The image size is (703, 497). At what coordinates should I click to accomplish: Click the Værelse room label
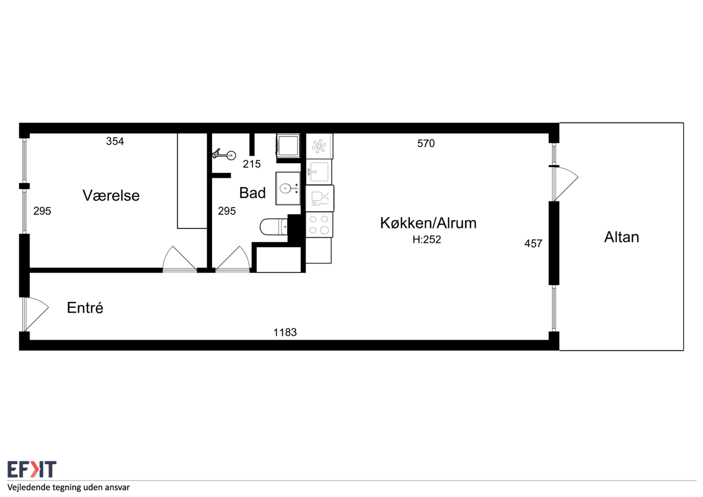(111, 196)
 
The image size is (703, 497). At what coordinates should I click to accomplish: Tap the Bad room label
(252, 193)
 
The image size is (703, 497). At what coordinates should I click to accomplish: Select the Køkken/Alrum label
(428, 223)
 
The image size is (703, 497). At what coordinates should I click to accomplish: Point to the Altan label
(621, 237)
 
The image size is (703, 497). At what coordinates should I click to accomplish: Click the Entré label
(85, 308)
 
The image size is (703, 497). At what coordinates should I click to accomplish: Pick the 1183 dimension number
(285, 332)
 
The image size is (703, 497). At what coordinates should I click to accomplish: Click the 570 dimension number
(426, 143)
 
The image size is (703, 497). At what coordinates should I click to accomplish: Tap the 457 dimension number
(533, 243)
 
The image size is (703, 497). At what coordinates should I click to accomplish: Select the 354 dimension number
(115, 141)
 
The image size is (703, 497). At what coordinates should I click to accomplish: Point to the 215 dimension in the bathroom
(252, 164)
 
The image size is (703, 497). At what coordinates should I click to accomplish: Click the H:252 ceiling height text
(427, 239)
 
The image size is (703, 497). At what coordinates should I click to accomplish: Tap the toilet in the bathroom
(274, 227)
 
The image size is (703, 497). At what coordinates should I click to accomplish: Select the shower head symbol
(224, 155)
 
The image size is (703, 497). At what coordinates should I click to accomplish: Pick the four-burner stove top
(319, 225)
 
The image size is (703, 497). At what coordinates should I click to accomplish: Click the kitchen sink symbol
(319, 172)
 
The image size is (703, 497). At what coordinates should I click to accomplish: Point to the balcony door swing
(566, 183)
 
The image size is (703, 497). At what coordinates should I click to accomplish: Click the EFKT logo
(32, 470)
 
